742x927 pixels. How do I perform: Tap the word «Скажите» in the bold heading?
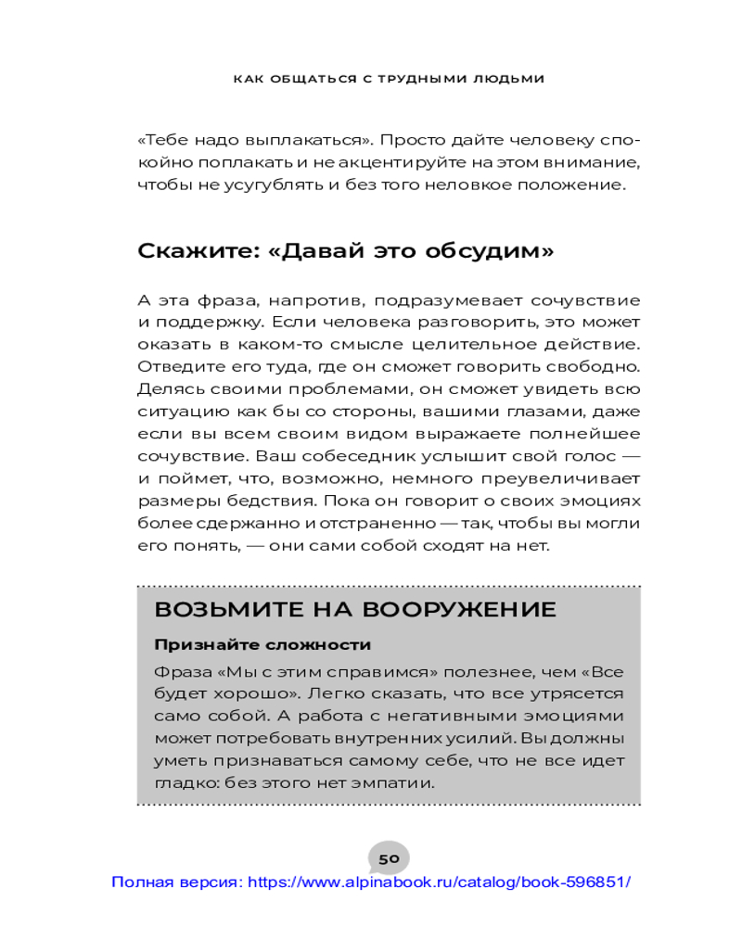click(188, 251)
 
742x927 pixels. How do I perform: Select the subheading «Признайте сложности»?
click(262, 645)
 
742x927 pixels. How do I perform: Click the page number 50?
click(389, 858)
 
